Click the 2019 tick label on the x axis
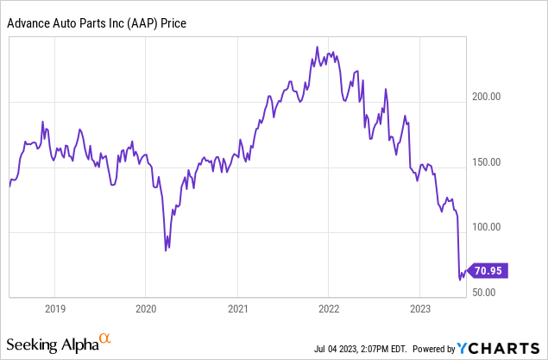click(x=54, y=308)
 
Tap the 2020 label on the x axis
click(x=146, y=308)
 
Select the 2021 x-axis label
click(x=238, y=308)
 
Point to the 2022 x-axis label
click(x=329, y=308)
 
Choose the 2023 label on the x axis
click(x=420, y=308)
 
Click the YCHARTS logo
click(x=501, y=348)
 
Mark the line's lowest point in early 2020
click(x=167, y=249)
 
